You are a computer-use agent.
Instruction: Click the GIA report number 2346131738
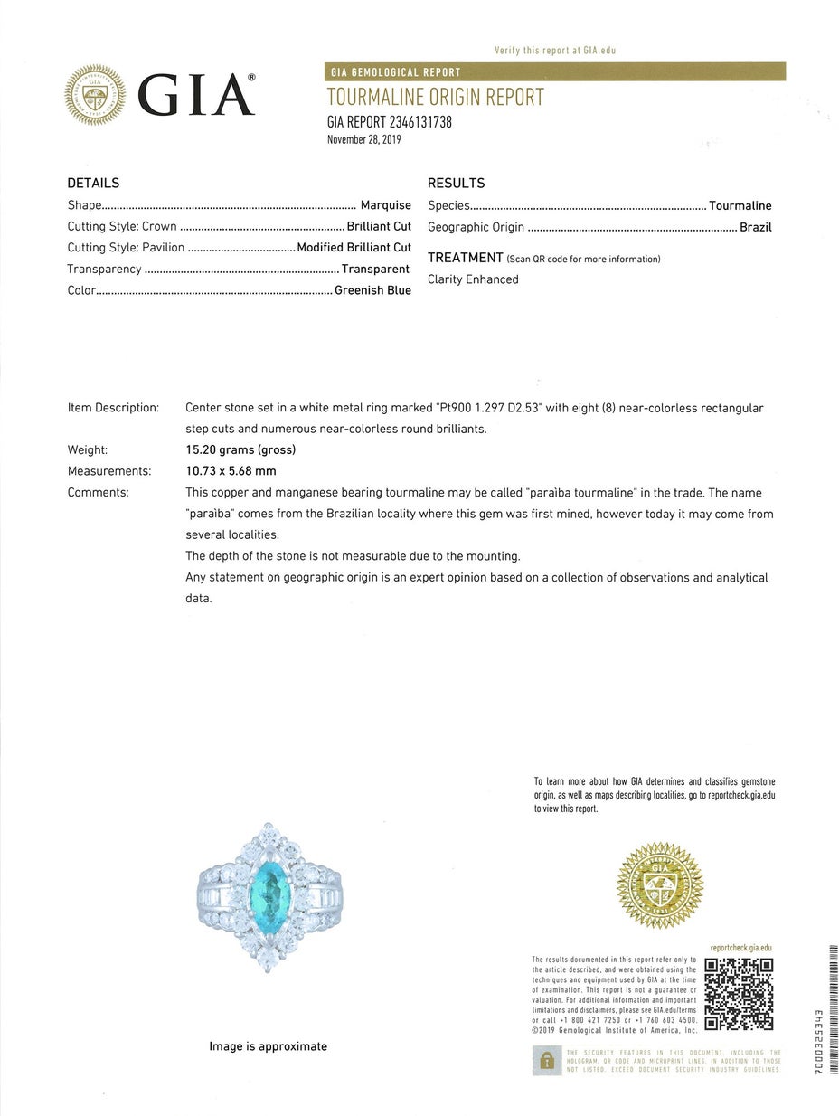tap(389, 122)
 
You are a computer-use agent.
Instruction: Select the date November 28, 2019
tap(363, 139)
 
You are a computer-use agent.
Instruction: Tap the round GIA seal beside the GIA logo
tap(95, 95)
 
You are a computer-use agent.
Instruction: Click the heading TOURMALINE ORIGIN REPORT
tap(435, 98)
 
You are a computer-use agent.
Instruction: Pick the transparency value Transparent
tap(375, 269)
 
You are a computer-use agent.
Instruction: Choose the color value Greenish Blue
tap(372, 290)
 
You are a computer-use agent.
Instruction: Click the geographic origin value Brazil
tap(755, 227)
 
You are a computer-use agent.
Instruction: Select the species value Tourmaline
tap(740, 205)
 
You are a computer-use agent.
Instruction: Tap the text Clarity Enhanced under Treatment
tap(473, 279)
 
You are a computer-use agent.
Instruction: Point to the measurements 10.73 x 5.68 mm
tap(231, 470)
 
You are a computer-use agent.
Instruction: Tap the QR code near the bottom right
tap(739, 993)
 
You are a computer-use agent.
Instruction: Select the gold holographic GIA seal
tap(660, 885)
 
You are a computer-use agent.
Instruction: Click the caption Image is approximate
tap(268, 1046)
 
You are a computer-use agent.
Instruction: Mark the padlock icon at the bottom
tap(545, 1060)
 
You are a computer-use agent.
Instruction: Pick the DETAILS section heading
tap(93, 183)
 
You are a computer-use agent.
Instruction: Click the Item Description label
tap(113, 408)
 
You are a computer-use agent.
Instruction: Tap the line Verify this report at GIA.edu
tap(555, 51)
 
